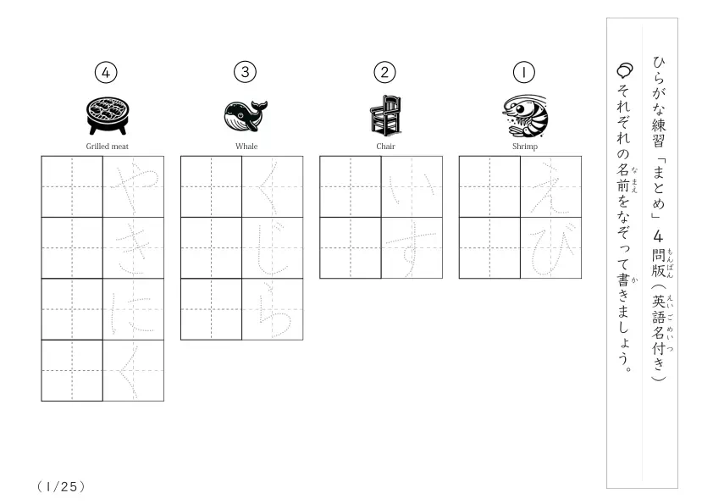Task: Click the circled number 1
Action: tap(524, 72)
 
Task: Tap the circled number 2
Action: tap(384, 72)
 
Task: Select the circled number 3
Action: tap(245, 72)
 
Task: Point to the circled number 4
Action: tap(106, 72)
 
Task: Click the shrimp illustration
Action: tap(525, 115)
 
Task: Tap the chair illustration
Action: tap(385, 115)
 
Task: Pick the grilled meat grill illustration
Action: tap(108, 115)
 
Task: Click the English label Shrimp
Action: tap(525, 147)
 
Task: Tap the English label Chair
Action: tap(385, 147)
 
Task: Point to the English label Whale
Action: tap(246, 147)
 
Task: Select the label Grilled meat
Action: tap(108, 147)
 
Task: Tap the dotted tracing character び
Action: tap(550, 250)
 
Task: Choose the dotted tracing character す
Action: tap(411, 252)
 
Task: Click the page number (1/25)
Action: tap(61, 487)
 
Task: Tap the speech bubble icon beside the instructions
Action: tap(624, 70)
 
